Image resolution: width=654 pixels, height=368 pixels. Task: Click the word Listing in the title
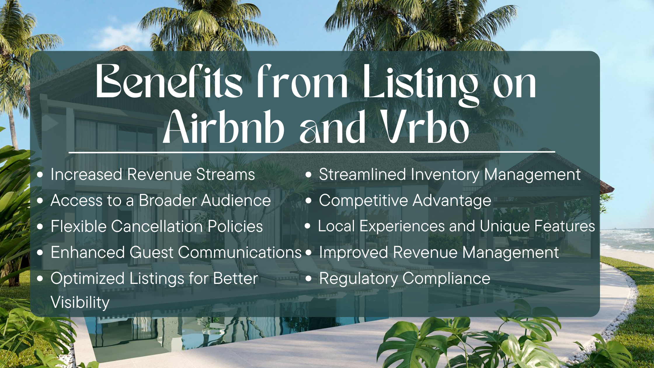point(421,83)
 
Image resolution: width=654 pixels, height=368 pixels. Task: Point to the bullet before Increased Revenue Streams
point(40,175)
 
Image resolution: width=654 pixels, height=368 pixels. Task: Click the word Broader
point(168,201)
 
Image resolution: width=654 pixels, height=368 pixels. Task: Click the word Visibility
point(80,302)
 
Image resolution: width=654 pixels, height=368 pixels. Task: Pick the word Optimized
point(88,279)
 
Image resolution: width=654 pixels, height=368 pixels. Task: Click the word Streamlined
point(362,175)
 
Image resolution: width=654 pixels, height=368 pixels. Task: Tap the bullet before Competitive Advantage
point(309,201)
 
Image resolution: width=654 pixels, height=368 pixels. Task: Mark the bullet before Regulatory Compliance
point(309,278)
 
